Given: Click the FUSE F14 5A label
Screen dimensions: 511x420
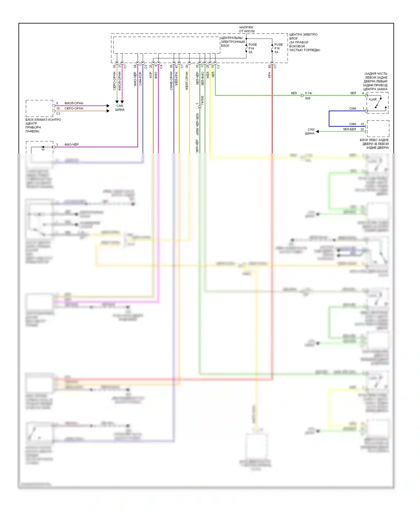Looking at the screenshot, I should point(252,48).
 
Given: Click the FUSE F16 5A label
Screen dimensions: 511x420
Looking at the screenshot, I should point(278,48).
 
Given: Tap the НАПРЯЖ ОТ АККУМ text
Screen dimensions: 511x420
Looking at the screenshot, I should point(246,29).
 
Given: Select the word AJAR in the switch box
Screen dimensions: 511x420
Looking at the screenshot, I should point(372,100).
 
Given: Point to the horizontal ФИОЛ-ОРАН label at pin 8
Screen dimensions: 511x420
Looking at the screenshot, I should point(74,103).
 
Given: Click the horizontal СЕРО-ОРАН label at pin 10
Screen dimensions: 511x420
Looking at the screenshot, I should point(74,108).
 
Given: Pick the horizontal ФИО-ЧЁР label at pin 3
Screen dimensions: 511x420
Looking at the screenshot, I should point(71,145).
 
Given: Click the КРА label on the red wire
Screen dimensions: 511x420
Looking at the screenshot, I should point(269,75).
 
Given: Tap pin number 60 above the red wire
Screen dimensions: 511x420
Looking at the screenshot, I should point(269,67).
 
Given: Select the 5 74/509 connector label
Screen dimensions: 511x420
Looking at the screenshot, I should point(308,96).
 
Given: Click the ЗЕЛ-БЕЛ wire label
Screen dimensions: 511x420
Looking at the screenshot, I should point(349,129).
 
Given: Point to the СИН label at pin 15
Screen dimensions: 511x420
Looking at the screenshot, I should point(353,124).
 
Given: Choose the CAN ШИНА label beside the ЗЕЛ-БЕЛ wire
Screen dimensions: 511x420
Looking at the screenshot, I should point(310,131).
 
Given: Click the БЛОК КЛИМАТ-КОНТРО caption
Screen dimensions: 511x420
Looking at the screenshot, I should point(43,125).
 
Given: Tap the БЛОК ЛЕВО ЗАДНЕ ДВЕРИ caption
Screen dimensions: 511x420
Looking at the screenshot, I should point(374,144).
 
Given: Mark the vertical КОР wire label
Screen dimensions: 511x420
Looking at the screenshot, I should point(151,75).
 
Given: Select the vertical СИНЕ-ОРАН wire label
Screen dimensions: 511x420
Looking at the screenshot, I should point(171,81).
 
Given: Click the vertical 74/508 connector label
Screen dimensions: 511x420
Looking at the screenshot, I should point(202,101).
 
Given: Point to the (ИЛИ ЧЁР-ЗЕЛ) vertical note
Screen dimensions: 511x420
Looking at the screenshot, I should point(197,124).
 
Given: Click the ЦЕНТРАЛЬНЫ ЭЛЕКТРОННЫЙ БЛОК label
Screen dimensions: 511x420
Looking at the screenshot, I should point(232,42).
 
